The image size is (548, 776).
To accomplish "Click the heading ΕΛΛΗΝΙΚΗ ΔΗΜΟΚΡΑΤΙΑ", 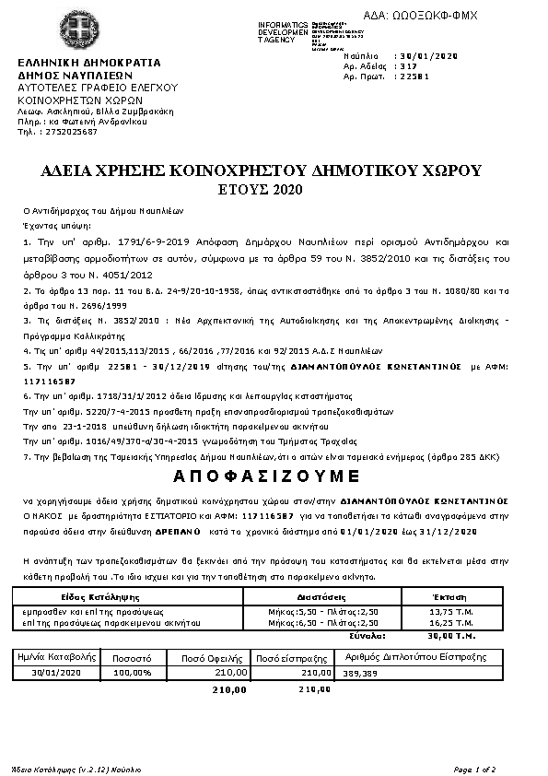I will click(89, 63).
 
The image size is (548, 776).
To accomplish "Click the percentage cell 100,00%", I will click(132, 673).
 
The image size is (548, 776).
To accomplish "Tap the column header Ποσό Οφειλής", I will click(204, 658).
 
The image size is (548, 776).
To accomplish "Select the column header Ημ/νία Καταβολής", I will click(57, 658).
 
